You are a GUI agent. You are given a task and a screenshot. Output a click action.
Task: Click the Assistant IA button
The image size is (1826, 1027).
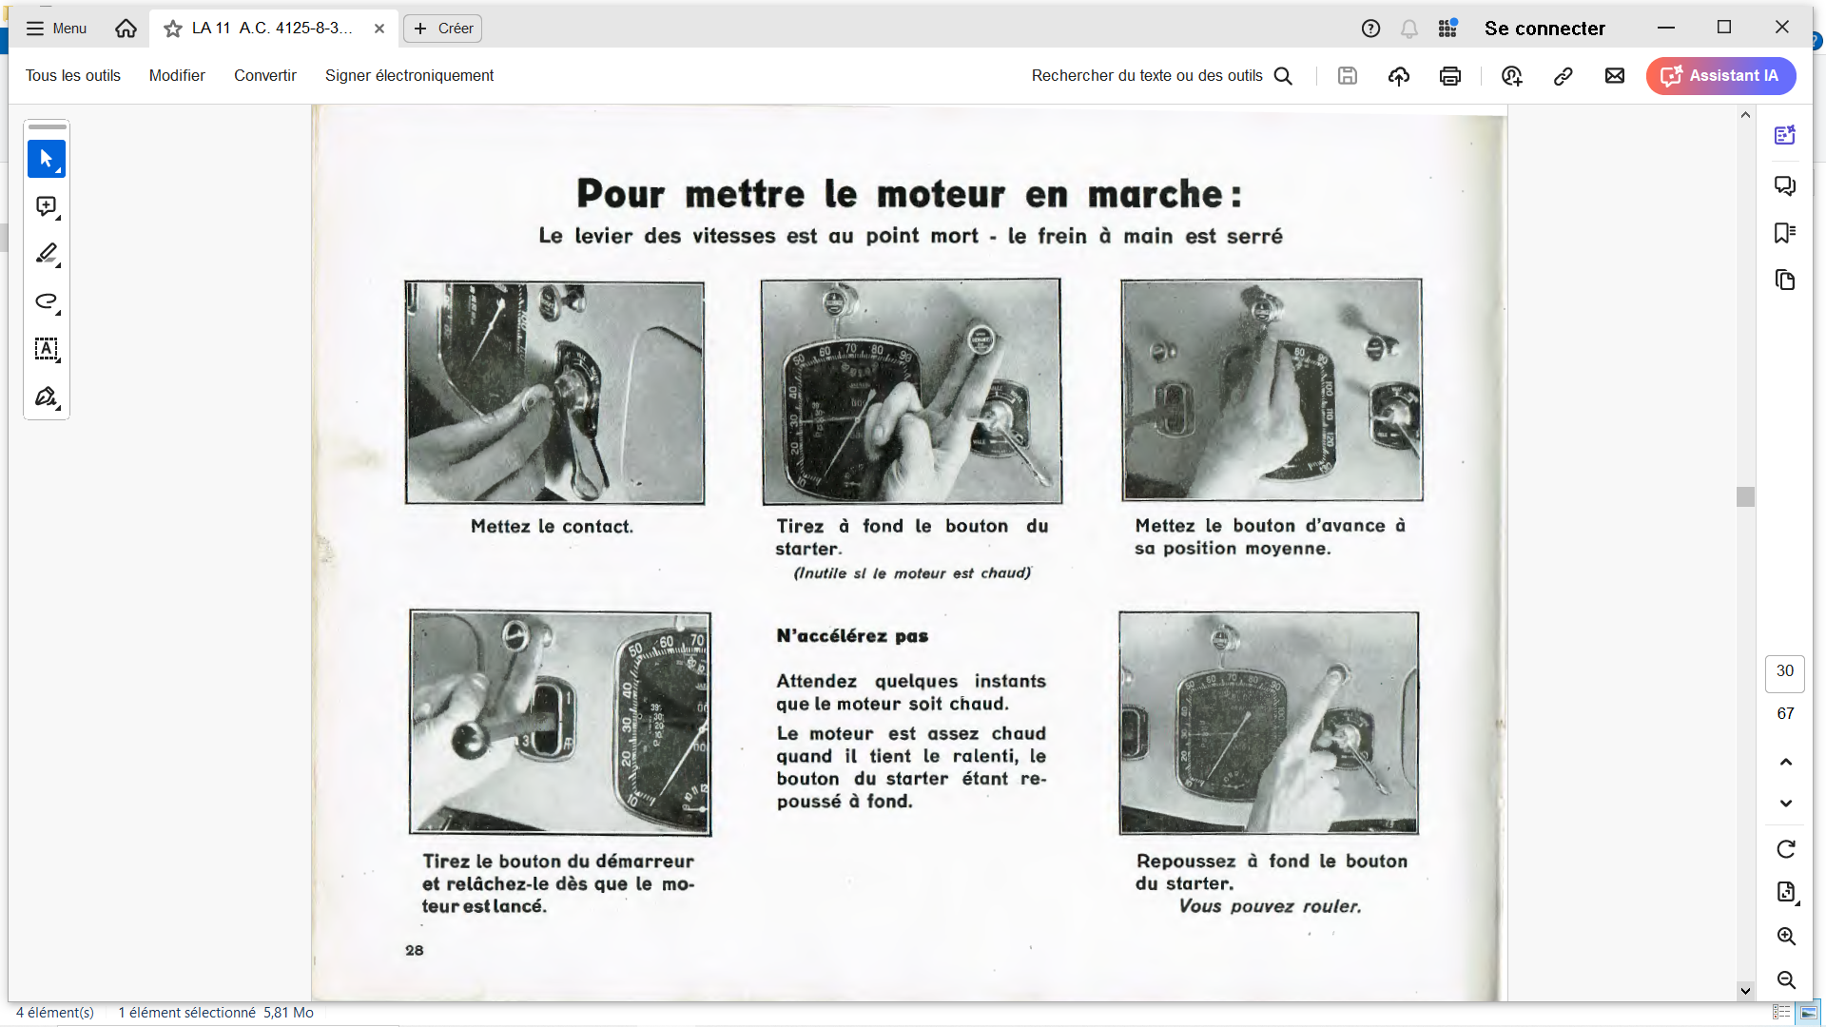(x=1720, y=76)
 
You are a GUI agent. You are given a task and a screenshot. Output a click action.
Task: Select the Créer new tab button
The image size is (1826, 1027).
(x=443, y=29)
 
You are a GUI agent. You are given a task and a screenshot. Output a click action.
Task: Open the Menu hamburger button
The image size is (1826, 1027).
(x=56, y=29)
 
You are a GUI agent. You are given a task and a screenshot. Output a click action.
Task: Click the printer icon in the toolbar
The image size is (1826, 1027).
(x=1449, y=76)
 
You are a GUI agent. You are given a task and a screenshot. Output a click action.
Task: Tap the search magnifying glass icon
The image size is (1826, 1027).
(x=1283, y=76)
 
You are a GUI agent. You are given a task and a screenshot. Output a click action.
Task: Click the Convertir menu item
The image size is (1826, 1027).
(x=265, y=76)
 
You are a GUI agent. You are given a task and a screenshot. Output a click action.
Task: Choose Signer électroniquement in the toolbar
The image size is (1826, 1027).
(x=409, y=76)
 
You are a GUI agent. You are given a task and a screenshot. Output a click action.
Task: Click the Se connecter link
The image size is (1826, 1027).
(x=1544, y=29)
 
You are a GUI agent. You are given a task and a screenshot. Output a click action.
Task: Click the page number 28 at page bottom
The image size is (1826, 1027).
(x=415, y=950)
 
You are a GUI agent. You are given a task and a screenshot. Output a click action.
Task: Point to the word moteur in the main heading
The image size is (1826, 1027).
(x=941, y=194)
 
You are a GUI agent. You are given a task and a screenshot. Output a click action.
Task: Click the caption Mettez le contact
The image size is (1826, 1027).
(x=552, y=527)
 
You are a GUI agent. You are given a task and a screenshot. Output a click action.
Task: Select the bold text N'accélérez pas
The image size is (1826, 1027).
(x=852, y=636)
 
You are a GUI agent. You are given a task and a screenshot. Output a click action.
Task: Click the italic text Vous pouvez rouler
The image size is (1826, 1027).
(x=1270, y=906)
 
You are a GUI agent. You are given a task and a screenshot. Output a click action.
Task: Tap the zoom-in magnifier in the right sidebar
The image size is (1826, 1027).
(x=1786, y=937)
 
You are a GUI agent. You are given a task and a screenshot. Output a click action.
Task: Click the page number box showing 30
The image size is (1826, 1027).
(x=1785, y=672)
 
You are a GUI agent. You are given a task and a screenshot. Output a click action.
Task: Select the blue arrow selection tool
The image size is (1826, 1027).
(x=47, y=159)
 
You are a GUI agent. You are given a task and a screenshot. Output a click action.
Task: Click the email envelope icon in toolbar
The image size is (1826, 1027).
(x=1615, y=76)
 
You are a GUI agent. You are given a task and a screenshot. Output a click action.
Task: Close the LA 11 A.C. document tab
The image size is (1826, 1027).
(x=379, y=29)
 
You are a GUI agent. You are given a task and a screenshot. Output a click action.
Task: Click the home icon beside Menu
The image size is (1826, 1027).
(x=126, y=29)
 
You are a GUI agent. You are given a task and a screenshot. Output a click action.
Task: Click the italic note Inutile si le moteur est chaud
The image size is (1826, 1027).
(x=912, y=573)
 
